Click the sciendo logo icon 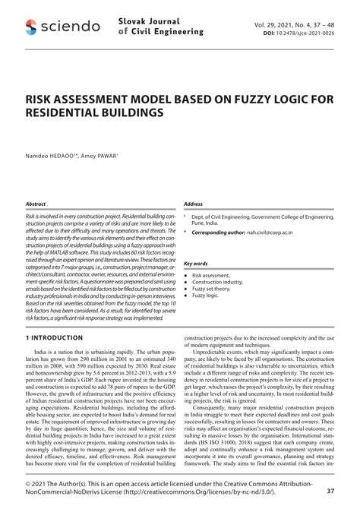(30, 27)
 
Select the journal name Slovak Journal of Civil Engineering (161, 27)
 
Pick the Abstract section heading (36, 204)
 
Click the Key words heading (196, 264)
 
